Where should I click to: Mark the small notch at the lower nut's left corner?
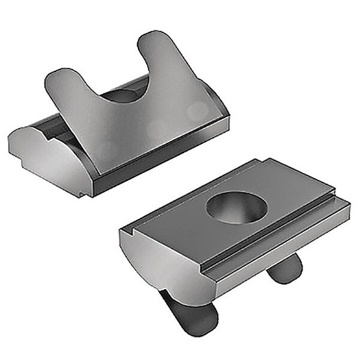pos(133,233)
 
